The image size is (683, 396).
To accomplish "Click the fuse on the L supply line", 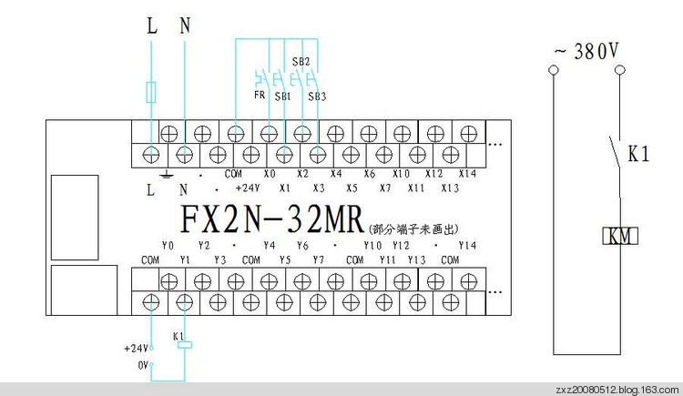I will point(152,92).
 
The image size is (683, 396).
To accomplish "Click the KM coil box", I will point(620,237).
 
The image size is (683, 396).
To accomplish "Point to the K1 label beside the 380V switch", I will point(637,154).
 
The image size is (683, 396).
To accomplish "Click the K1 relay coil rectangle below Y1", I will point(184,344).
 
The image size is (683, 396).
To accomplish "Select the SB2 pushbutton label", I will point(301,62).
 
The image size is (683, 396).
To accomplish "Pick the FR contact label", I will point(259,95).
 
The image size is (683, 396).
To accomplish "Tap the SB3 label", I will point(316,96).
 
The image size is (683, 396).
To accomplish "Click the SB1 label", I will point(282,95).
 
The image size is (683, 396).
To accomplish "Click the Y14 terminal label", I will point(467,246).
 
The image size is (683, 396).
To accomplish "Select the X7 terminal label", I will point(385,188).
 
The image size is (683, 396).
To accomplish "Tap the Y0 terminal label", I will point(168,246).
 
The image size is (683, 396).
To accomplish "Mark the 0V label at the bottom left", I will point(141,364).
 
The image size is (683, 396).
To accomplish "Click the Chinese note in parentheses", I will point(411,228).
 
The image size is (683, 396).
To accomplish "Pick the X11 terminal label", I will point(417,188).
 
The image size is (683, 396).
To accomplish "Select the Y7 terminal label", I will point(318,260).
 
